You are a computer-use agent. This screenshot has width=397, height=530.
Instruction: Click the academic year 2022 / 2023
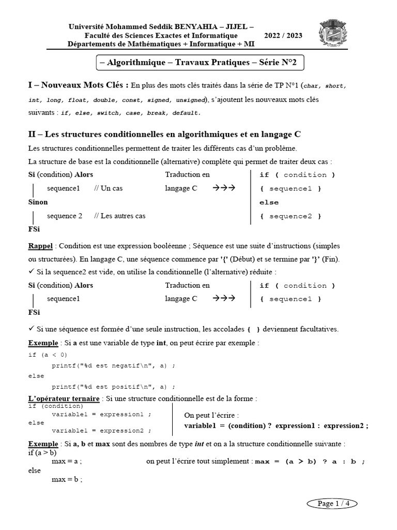point(283,36)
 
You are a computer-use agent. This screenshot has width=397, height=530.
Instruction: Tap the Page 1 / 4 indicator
point(332,503)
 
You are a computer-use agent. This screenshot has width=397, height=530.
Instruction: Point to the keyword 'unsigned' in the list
point(190,99)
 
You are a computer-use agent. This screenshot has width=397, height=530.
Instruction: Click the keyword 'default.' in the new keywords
point(186,113)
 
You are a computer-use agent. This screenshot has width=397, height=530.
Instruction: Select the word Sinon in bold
point(38,202)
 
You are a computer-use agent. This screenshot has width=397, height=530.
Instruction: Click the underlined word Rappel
point(40,246)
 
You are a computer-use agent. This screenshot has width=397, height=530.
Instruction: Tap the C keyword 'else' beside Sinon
point(269,202)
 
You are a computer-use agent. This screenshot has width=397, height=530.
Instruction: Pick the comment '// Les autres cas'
point(119,216)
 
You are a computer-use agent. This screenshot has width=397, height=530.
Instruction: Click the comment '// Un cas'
point(108,188)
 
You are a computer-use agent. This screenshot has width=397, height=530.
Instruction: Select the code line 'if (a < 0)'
point(48,355)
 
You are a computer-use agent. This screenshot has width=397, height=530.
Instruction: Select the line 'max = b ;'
point(67,480)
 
